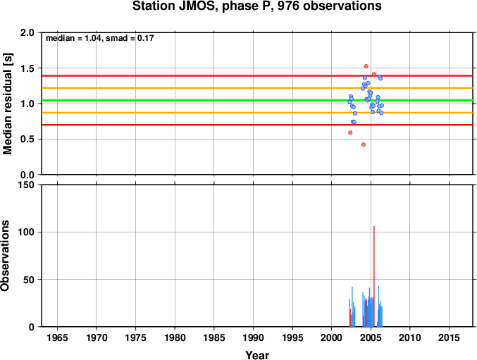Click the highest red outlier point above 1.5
pyautogui.click(x=366, y=66)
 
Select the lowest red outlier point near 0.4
pyautogui.click(x=364, y=144)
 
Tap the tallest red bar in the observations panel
pyautogui.click(x=374, y=276)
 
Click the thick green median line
pyautogui.click(x=257, y=100)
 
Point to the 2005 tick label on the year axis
pyautogui.click(x=371, y=338)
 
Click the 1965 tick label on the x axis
pyautogui.click(x=57, y=338)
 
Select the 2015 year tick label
pyautogui.click(x=449, y=338)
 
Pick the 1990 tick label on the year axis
pyautogui.click(x=253, y=338)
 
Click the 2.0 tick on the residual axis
pyautogui.click(x=27, y=32)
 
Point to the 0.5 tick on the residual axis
pyautogui.click(x=27, y=139)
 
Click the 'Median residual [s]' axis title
pyautogui.click(x=7, y=104)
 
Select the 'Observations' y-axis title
pyautogui.click(x=5, y=256)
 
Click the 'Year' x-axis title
pyautogui.click(x=257, y=355)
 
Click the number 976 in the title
pyautogui.click(x=287, y=6)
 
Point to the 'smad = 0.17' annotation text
pyautogui.click(x=130, y=38)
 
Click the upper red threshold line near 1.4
pyautogui.click(x=257, y=75)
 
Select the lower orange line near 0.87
pyautogui.click(x=257, y=113)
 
